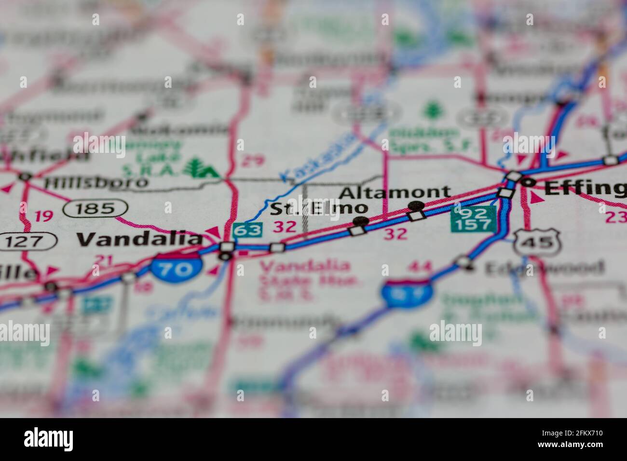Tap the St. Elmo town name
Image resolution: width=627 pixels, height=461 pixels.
(x=318, y=209)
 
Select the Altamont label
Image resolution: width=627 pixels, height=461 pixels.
(x=395, y=192)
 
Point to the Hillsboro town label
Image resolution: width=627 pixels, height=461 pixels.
(x=95, y=182)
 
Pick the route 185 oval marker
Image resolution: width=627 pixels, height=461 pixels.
(x=95, y=209)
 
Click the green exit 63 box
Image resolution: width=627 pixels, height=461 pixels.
(x=247, y=230)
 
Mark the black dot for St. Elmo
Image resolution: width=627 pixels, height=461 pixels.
(x=360, y=221)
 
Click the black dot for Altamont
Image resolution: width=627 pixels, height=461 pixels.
(x=416, y=206)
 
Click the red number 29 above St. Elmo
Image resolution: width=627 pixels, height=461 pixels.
(x=252, y=161)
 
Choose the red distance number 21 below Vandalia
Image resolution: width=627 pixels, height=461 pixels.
(x=104, y=261)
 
